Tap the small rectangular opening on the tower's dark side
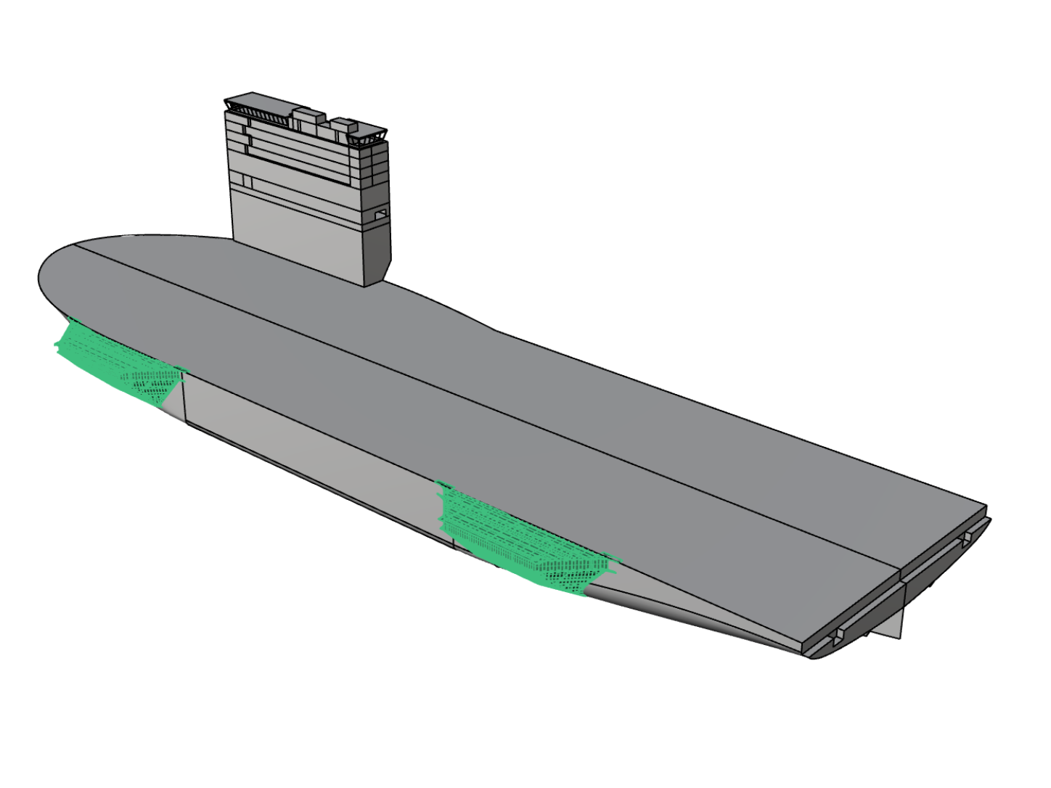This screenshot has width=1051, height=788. pyautogui.click(x=380, y=215)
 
